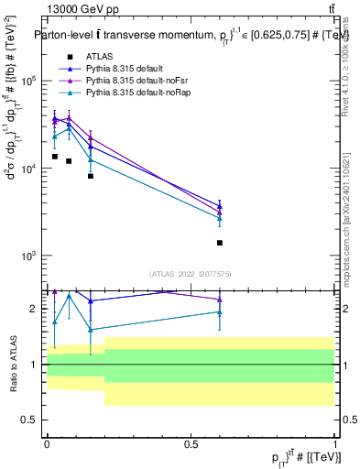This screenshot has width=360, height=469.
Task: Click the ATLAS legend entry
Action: coord(99,57)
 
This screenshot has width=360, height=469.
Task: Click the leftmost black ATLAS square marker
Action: coord(55,157)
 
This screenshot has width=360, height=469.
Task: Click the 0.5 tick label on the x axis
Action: coord(191,442)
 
